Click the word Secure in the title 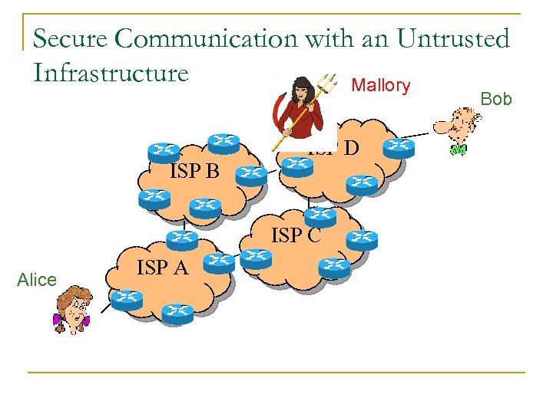click(x=68, y=38)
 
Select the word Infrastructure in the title click(x=111, y=73)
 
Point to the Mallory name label click(x=381, y=86)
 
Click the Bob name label click(x=496, y=100)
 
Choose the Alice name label click(x=37, y=280)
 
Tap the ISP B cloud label click(x=194, y=171)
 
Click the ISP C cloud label click(x=296, y=235)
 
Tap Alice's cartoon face click(x=73, y=307)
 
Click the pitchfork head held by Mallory click(x=328, y=81)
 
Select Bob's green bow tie click(x=459, y=149)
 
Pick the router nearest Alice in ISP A click(x=126, y=298)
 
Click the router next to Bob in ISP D click(x=398, y=146)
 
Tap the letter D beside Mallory click(x=351, y=147)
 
